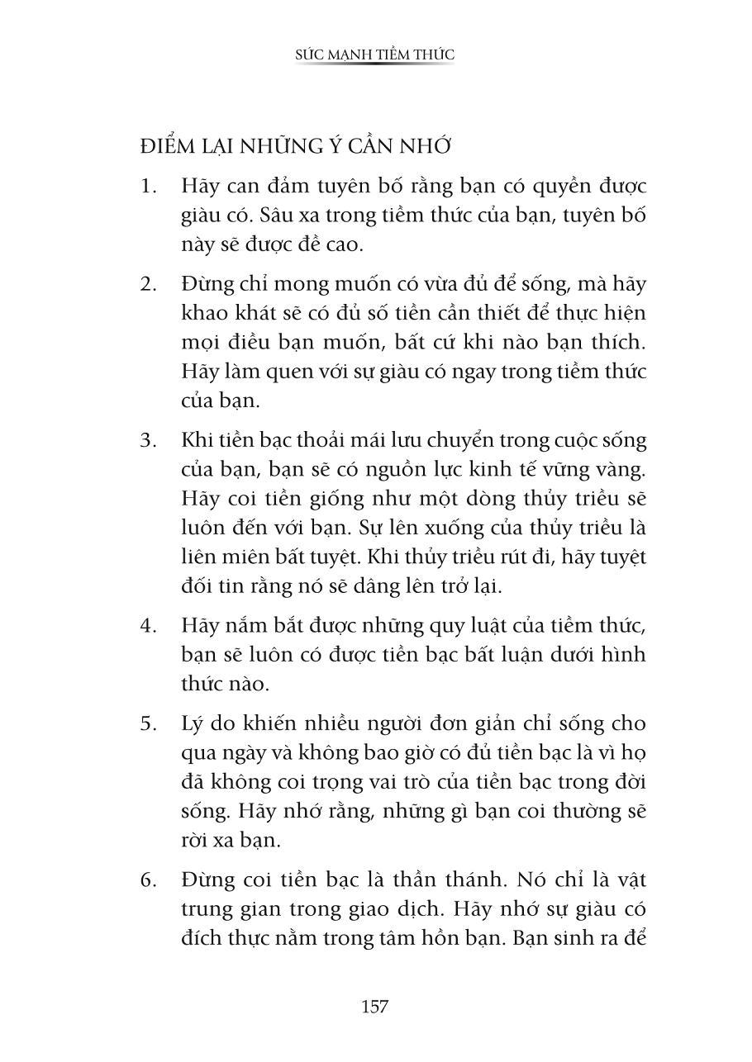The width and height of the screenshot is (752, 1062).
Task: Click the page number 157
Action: [375, 1007]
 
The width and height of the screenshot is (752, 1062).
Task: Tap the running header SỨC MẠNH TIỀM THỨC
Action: [375, 55]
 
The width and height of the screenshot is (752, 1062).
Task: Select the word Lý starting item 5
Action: [193, 723]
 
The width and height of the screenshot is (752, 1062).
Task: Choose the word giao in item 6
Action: [400, 909]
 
